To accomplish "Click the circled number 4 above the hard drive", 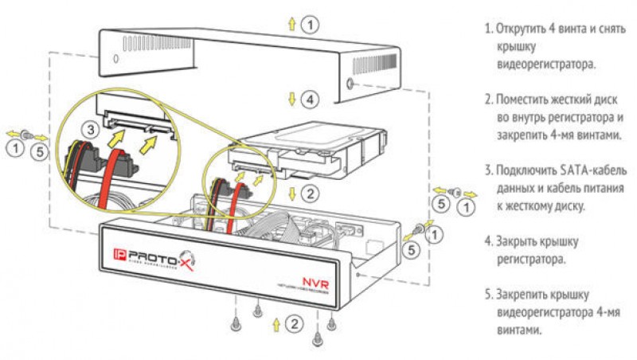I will pyautogui.click(x=311, y=100).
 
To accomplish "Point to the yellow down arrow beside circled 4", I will pyautogui.click(x=292, y=100).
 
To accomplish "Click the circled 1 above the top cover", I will pyautogui.click(x=311, y=25).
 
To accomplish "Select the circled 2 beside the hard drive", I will pyautogui.click(x=311, y=192).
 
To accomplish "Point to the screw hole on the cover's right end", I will pyautogui.click(x=351, y=84).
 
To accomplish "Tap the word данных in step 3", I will pyautogui.click(x=515, y=189).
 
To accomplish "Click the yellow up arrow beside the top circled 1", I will pyautogui.click(x=292, y=25).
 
